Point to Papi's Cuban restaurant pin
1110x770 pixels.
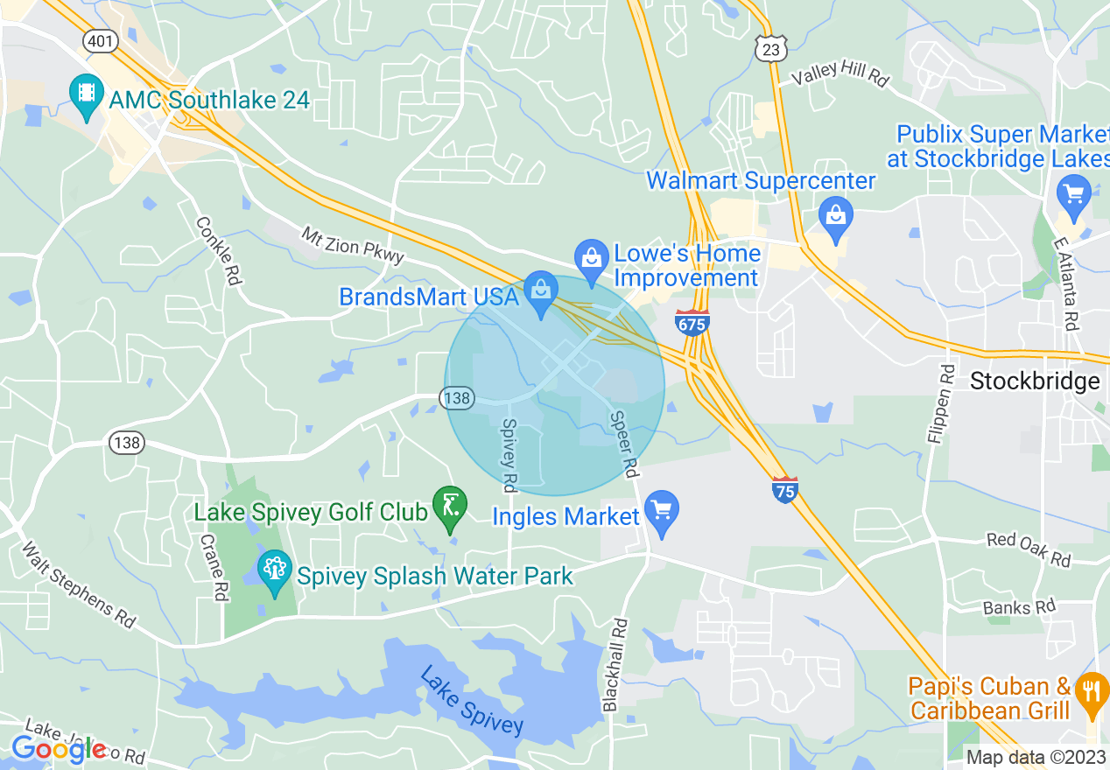pos(1091,692)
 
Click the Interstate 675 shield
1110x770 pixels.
pos(692,322)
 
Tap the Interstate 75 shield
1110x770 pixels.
pos(785,490)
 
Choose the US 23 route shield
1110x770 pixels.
pos(769,49)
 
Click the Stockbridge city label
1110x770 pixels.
pos(1035,381)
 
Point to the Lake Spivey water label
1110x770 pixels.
pos(471,700)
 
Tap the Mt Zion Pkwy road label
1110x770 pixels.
pos(354,245)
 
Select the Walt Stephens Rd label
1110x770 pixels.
pos(78,584)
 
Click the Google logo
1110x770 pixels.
pos(58,749)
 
